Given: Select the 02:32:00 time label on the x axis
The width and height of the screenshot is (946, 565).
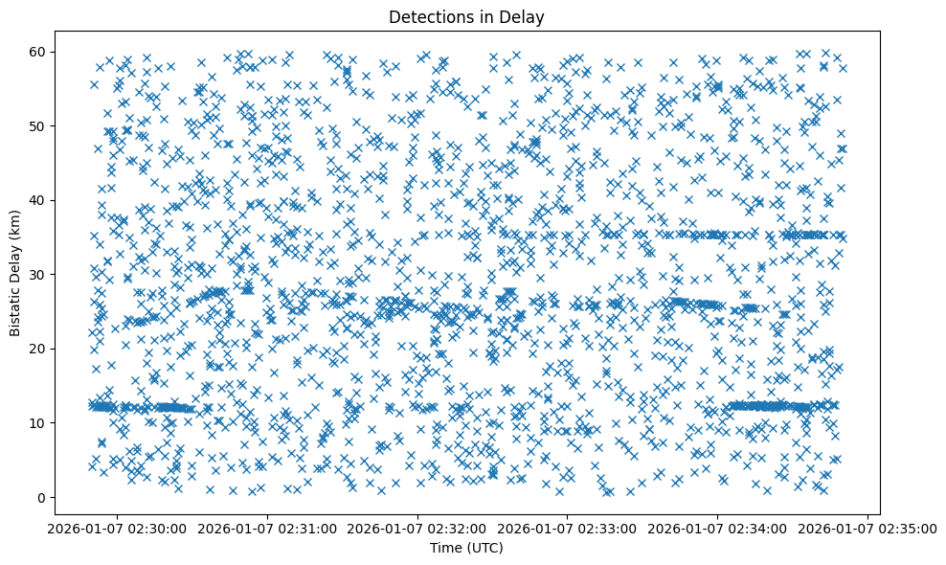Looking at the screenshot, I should click(x=417, y=528).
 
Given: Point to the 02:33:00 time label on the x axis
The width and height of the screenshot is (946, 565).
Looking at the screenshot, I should click(x=568, y=528).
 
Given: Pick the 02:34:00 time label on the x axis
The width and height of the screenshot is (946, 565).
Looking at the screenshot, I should click(x=718, y=528).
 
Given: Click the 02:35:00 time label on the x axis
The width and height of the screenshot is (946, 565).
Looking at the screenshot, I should click(x=867, y=528).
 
